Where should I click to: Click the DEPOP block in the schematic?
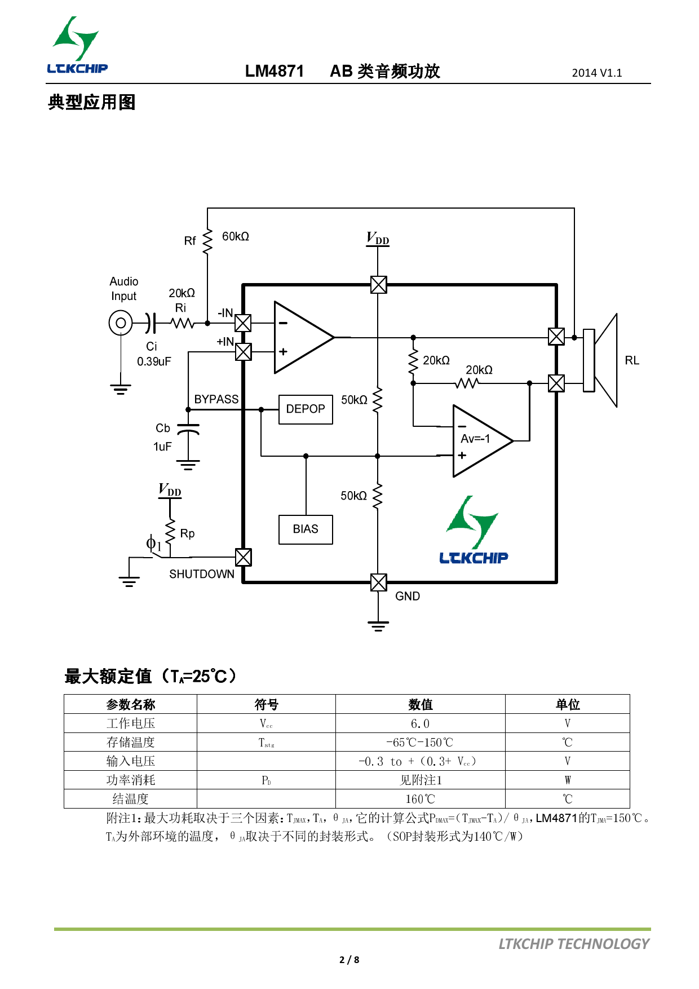[306, 409]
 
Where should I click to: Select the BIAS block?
[306, 529]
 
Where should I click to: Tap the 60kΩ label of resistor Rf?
[236, 237]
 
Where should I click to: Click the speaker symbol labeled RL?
[601, 360]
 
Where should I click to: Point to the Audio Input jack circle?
[121, 323]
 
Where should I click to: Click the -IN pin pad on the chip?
[243, 323]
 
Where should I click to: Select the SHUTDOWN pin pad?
[243, 558]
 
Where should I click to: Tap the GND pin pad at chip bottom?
[378, 582]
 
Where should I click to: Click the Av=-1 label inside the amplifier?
[475, 439]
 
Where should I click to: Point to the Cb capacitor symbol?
[188, 430]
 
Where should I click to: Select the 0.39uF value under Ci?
[154, 361]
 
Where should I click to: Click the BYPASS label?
[216, 399]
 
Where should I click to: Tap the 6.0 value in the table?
[420, 723]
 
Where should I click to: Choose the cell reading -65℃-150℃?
[420, 743]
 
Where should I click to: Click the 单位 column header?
[567, 704]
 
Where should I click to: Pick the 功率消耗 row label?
[131, 780]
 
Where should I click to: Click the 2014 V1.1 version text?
[597, 73]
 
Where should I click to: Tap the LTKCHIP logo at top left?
[77, 46]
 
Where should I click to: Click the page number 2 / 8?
[349, 960]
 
